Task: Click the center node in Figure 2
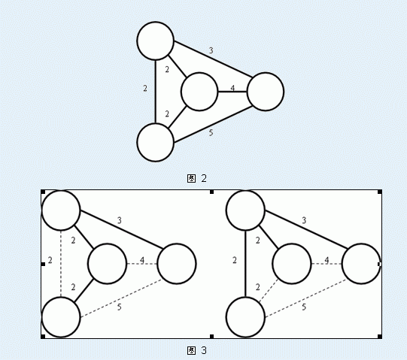[199, 92]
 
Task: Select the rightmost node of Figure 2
[266, 92]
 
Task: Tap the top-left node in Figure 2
[156, 41]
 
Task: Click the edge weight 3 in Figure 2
[211, 50]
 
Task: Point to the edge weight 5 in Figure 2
[211, 132]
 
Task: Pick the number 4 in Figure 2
[232, 88]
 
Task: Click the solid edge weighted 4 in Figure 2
[232, 92]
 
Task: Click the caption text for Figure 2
[197, 178]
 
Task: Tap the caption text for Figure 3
[197, 351]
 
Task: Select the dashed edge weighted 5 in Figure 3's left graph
[121, 298]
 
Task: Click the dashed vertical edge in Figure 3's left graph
[61, 264]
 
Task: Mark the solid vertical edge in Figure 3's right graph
[245, 264]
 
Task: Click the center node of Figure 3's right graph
[292, 264]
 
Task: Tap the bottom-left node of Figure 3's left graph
[61, 317]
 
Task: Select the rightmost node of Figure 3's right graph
[361, 264]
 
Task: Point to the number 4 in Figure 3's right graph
[327, 260]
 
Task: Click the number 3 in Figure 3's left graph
[119, 220]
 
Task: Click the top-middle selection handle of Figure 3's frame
[211, 192]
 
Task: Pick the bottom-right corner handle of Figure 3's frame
[380, 337]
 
